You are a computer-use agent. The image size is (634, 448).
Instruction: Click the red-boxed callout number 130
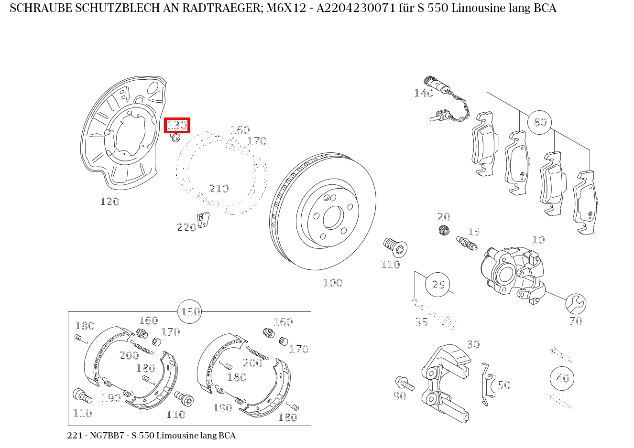tap(177, 125)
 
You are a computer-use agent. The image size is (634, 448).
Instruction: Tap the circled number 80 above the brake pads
tap(540, 122)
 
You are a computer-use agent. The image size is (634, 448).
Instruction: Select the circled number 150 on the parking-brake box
tap(190, 312)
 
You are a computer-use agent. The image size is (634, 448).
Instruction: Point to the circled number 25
tap(437, 284)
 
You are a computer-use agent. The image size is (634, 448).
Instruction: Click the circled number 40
tap(562, 378)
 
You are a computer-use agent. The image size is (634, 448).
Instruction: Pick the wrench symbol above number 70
tap(576, 304)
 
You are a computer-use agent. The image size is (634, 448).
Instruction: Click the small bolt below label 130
tap(175, 138)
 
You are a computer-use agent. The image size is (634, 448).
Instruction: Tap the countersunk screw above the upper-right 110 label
tap(395, 247)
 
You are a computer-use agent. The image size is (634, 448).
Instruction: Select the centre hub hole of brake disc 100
tap(333, 217)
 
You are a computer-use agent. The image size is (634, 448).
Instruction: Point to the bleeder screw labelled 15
tap(467, 244)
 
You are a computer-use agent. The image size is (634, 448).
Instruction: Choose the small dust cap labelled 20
tap(444, 230)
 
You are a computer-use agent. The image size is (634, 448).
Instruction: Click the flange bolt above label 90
tap(405, 383)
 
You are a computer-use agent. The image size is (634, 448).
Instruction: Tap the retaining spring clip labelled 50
tap(488, 384)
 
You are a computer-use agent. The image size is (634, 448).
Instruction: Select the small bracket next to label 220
tap(203, 220)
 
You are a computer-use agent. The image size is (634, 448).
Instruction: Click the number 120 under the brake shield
tap(110, 202)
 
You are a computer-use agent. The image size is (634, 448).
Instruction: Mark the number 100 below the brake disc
tap(333, 283)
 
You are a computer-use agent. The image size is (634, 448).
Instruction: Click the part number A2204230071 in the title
tap(356, 8)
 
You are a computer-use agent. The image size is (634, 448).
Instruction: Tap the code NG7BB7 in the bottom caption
tap(107, 436)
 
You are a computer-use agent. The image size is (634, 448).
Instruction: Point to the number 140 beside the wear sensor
tap(424, 93)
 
